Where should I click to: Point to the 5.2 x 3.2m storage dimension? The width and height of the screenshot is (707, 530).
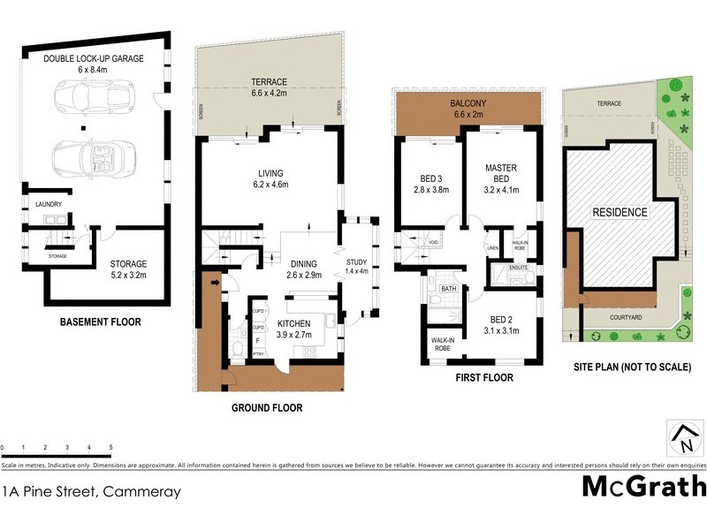pyautogui.click(x=128, y=275)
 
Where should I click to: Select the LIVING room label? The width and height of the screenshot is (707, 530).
pyautogui.click(x=270, y=173)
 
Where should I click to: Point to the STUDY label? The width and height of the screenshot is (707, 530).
pyautogui.click(x=357, y=261)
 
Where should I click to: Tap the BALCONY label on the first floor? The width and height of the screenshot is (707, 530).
pyautogui.click(x=469, y=102)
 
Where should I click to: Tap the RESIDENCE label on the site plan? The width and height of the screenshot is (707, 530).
pyautogui.click(x=620, y=212)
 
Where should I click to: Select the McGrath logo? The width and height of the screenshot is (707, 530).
pyautogui.click(x=644, y=486)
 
